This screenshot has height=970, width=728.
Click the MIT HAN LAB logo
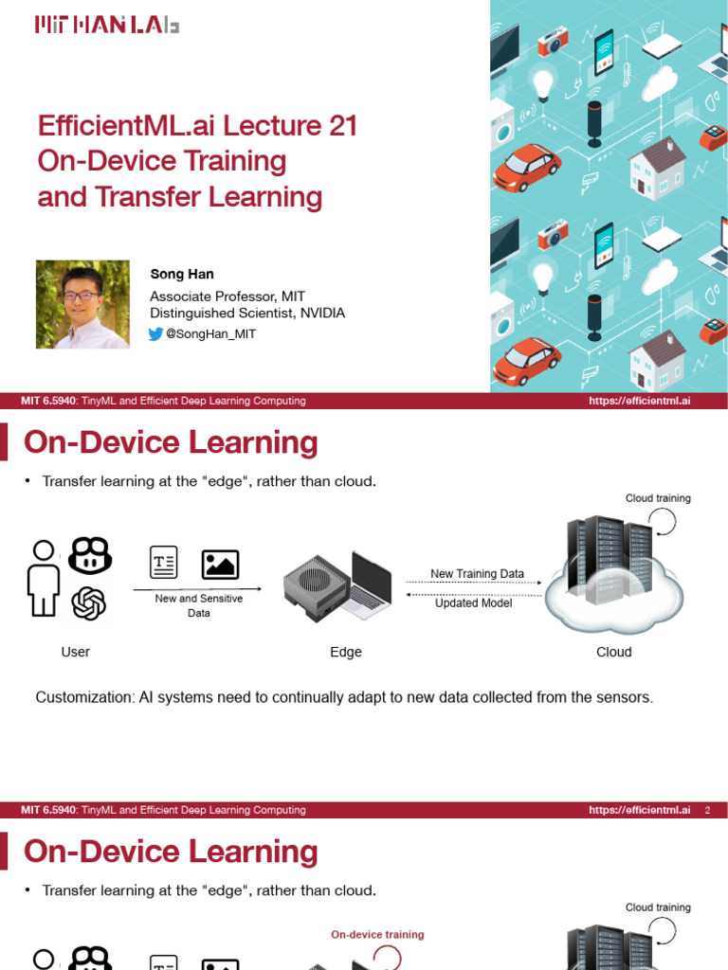pos(106,26)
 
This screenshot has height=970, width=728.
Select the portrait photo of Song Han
pos(82,304)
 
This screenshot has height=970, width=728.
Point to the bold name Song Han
pos(182,275)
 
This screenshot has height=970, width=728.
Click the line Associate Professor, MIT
pos(227,296)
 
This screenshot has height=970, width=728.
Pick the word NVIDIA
pos(319,313)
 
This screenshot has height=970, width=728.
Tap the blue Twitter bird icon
pos(156,333)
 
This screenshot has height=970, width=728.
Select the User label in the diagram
pos(75,652)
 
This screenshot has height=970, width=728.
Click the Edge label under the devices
pos(345,652)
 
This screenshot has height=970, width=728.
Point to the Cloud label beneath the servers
pos(613,652)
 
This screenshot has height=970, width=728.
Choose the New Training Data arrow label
pos(477,574)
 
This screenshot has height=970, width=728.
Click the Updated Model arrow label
pos(473,603)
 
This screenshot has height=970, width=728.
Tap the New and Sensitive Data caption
pos(199,605)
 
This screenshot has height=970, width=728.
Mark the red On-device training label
pos(377,934)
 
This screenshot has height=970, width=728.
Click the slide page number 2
pos(707,810)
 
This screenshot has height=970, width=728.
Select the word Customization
pos(83,697)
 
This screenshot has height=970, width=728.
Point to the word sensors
pos(624,697)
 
